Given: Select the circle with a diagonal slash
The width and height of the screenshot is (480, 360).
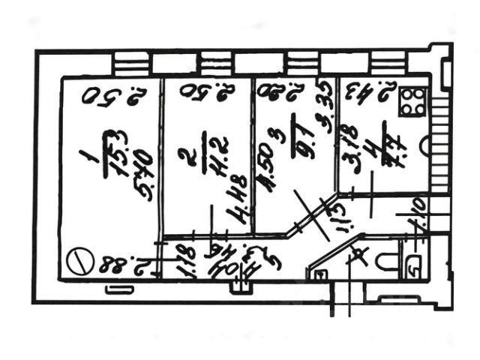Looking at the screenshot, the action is [77, 262].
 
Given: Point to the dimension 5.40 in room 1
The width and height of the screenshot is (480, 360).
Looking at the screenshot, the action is [142, 171].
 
